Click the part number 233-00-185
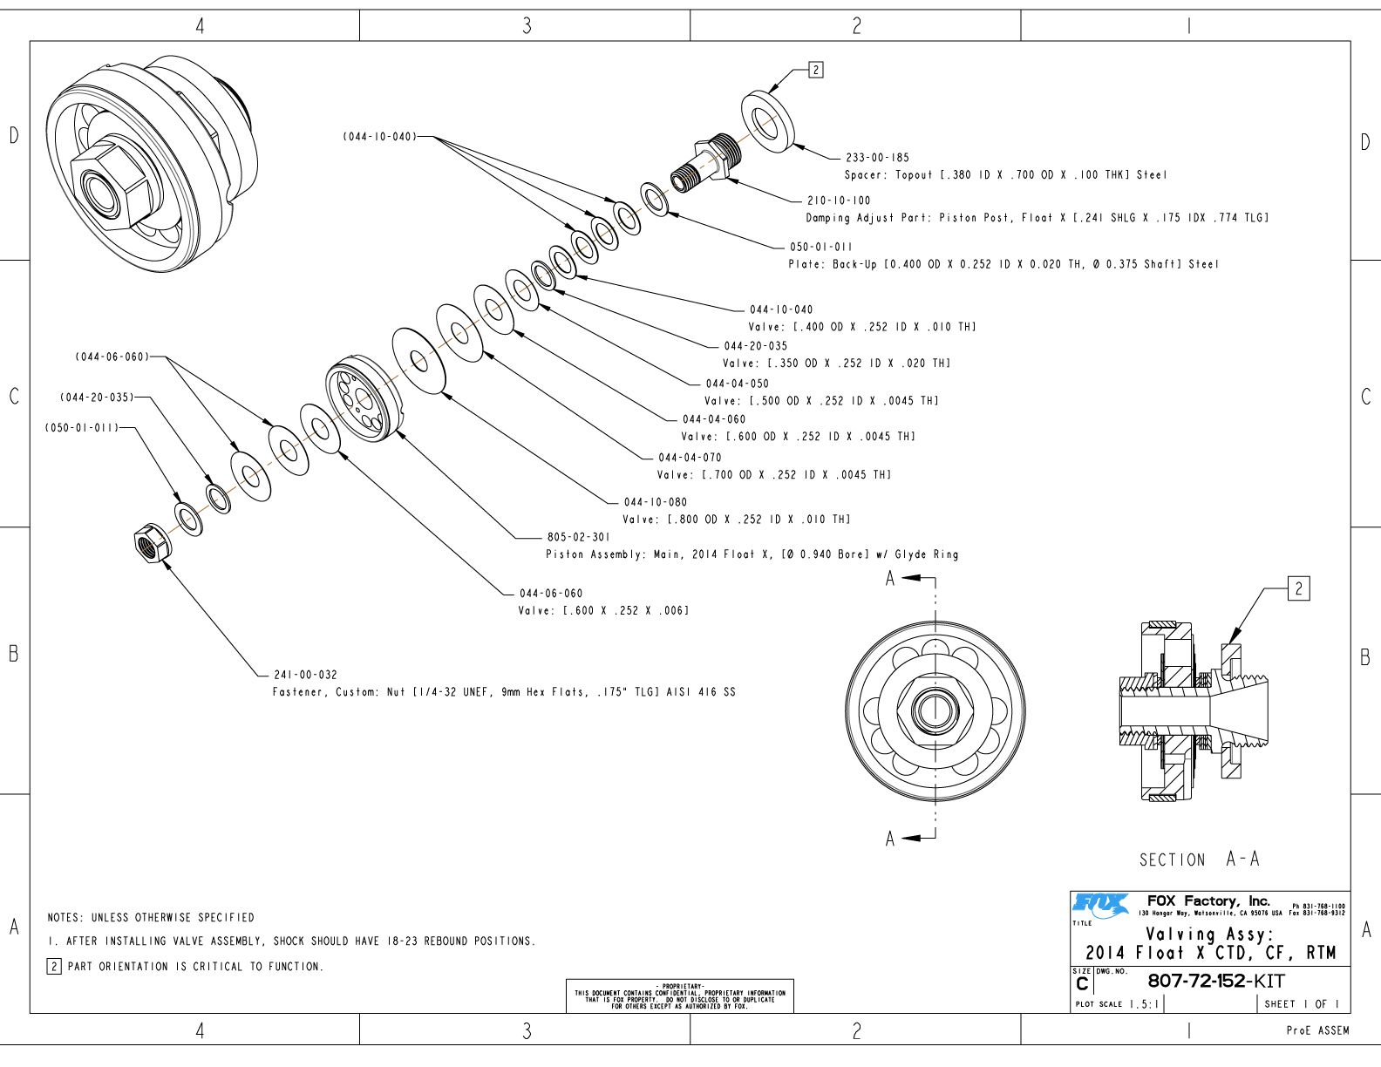(877, 158)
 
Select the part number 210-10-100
(838, 200)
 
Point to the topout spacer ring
(767, 122)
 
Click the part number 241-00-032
(305, 675)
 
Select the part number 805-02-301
(579, 537)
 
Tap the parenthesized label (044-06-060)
(112, 357)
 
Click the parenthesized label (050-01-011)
(81, 428)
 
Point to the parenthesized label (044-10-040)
(379, 137)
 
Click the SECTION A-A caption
(1199, 860)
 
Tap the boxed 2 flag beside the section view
(1298, 589)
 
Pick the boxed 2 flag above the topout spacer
(815, 70)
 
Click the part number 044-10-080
(655, 502)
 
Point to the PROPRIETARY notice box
(679, 995)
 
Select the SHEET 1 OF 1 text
(1301, 1004)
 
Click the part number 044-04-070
(690, 458)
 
